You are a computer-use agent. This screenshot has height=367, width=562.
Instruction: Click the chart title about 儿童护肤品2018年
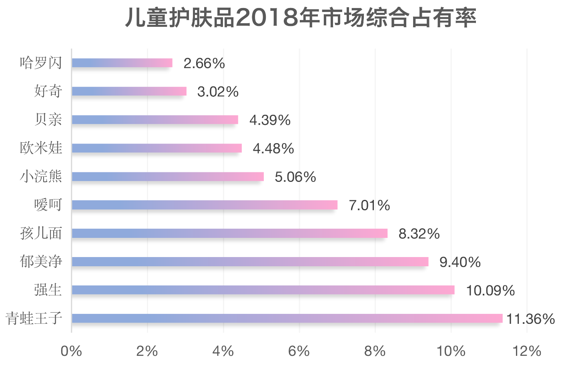click(301, 18)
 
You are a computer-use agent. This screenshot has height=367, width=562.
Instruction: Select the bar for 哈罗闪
click(122, 63)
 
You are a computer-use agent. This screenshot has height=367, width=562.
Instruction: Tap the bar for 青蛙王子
click(287, 318)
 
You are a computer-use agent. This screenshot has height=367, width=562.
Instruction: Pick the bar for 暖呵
click(205, 205)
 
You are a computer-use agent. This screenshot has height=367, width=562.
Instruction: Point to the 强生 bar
click(263, 290)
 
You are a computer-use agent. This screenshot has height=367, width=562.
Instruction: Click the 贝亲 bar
click(155, 120)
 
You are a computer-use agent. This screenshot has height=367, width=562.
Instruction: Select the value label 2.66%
click(204, 63)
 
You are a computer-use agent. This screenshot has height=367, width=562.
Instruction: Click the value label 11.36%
click(530, 319)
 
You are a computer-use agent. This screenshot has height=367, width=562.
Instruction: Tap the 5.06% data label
click(295, 177)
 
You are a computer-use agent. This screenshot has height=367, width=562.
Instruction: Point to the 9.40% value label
click(460, 262)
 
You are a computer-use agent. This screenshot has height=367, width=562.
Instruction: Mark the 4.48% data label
click(273, 149)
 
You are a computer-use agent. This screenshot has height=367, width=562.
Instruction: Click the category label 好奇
click(48, 91)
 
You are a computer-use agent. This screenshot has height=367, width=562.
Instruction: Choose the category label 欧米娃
click(41, 148)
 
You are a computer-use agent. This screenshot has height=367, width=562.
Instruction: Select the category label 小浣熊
click(41, 176)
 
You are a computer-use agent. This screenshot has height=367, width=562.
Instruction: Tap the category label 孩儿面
click(41, 233)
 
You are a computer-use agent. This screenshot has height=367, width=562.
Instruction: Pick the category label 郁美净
click(41, 261)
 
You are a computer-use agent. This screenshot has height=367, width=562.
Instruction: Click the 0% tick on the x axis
click(71, 351)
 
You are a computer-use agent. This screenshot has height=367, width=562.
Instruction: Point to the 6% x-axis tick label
click(299, 351)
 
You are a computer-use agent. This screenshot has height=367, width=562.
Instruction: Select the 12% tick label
click(527, 351)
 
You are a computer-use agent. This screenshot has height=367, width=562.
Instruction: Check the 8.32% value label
click(419, 234)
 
